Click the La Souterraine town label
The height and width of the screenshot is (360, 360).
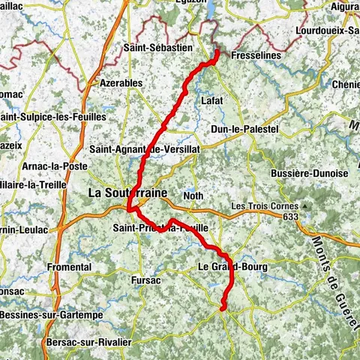(x=127, y=193)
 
